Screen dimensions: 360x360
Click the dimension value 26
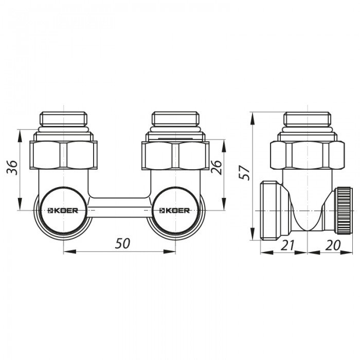(x=216, y=167)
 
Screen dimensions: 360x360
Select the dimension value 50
(x=122, y=243)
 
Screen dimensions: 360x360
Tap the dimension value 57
(x=244, y=172)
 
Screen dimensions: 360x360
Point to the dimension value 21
(x=287, y=245)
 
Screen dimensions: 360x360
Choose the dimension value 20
(x=333, y=245)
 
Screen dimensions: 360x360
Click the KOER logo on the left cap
(x=63, y=210)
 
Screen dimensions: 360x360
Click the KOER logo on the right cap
(x=175, y=210)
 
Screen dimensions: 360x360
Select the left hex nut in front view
(x=63, y=155)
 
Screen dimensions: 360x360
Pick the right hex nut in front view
(x=175, y=155)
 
